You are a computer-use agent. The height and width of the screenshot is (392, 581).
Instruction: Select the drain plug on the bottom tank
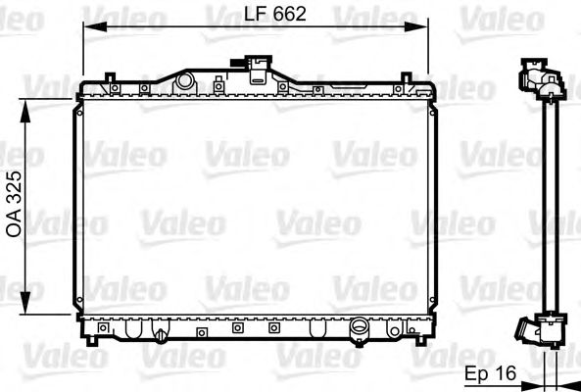tap(160, 336)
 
